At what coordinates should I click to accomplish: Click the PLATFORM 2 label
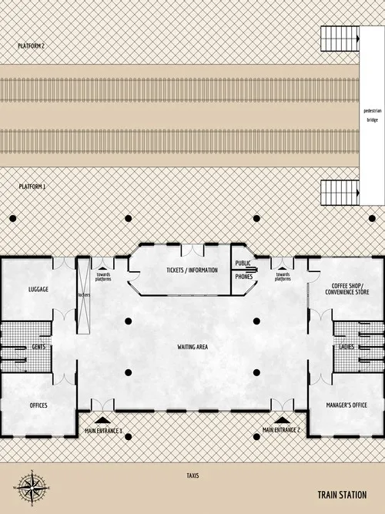(32, 46)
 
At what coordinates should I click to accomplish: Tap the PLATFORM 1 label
(32, 186)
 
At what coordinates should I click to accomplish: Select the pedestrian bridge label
(372, 116)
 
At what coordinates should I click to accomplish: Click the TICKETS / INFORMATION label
(192, 270)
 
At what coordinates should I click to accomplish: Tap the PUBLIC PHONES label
(243, 270)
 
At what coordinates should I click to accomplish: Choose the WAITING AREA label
(192, 347)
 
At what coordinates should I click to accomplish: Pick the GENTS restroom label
(38, 347)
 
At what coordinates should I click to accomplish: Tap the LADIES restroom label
(346, 347)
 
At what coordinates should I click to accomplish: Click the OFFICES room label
(38, 405)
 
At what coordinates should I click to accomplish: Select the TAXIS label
(192, 475)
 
